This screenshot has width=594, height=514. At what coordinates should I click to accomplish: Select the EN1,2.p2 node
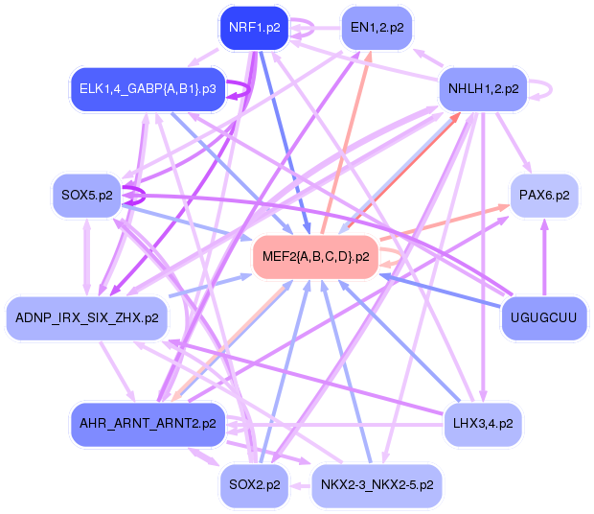pyautogui.click(x=376, y=28)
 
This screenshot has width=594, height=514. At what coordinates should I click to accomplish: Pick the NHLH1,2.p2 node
pyautogui.click(x=483, y=89)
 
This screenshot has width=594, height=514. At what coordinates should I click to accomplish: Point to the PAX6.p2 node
pyautogui.click(x=543, y=196)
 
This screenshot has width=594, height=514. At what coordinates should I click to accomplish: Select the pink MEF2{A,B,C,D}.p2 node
pyautogui.click(x=315, y=256)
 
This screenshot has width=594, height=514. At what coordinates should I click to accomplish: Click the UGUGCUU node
pyautogui.click(x=543, y=316)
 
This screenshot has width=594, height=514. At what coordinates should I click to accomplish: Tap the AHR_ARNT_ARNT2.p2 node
pyautogui.click(x=148, y=423)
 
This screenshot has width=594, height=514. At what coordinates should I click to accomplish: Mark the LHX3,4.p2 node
pyautogui.click(x=483, y=423)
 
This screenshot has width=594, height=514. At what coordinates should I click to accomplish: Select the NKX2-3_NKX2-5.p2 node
pyautogui.click(x=376, y=484)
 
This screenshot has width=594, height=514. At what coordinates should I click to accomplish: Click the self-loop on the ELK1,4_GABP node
pyautogui.click(x=247, y=89)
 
